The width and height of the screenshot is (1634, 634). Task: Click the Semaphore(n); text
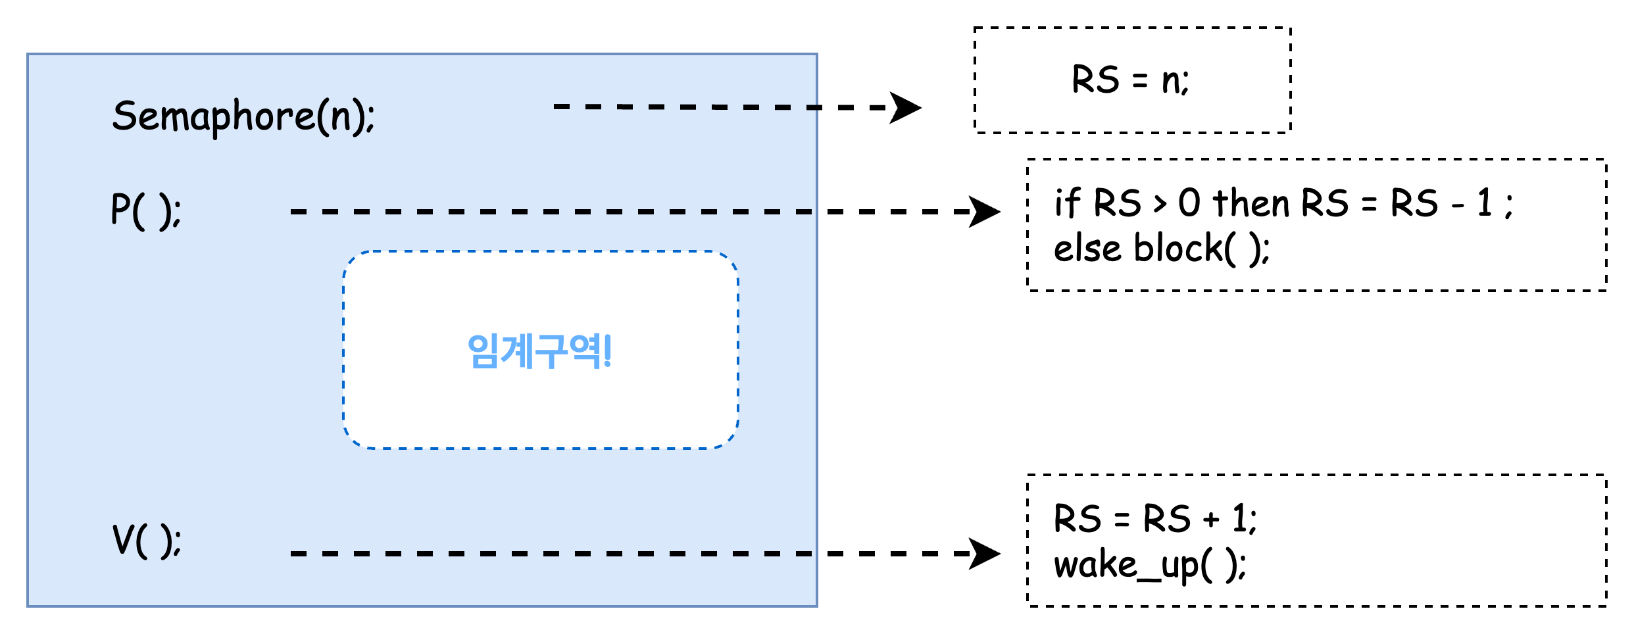pyautogui.click(x=243, y=117)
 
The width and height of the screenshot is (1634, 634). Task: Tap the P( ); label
pyautogui.click(x=145, y=211)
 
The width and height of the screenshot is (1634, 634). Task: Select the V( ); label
pyautogui.click(x=146, y=541)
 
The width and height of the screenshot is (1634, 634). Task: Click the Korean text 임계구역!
pyautogui.click(x=539, y=351)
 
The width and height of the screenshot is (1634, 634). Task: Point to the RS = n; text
pyautogui.click(x=1130, y=81)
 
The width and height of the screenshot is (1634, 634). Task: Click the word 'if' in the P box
pyautogui.click(x=1067, y=203)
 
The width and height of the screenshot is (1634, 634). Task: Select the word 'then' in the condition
pyautogui.click(x=1250, y=203)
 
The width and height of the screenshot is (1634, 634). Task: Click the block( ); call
pyautogui.click(x=1201, y=249)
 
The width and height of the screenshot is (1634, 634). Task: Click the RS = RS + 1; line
pyautogui.click(x=1155, y=518)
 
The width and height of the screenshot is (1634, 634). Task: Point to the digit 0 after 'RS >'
pyautogui.click(x=1189, y=203)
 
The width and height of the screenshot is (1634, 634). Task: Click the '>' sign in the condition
pyautogui.click(x=1160, y=204)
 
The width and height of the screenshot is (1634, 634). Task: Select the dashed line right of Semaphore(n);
pyautogui.click(x=684, y=107)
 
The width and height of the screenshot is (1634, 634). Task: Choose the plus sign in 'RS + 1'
pyautogui.click(x=1211, y=520)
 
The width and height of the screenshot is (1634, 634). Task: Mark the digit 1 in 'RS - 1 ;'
pyautogui.click(x=1484, y=203)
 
